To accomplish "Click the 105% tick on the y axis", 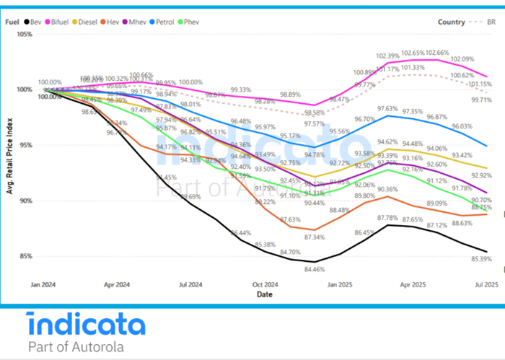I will pos(23,34).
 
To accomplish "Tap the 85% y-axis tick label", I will pos(25,256).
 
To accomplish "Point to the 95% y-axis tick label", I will pos(25,145).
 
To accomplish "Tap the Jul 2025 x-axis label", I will pos(485,285).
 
